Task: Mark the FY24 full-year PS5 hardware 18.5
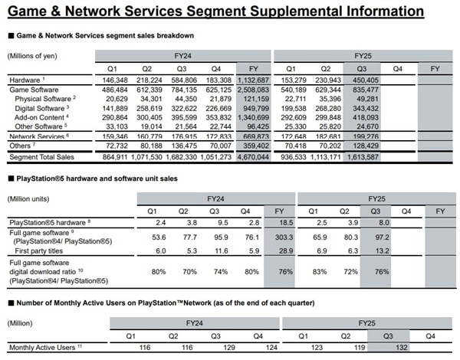[280, 221]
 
